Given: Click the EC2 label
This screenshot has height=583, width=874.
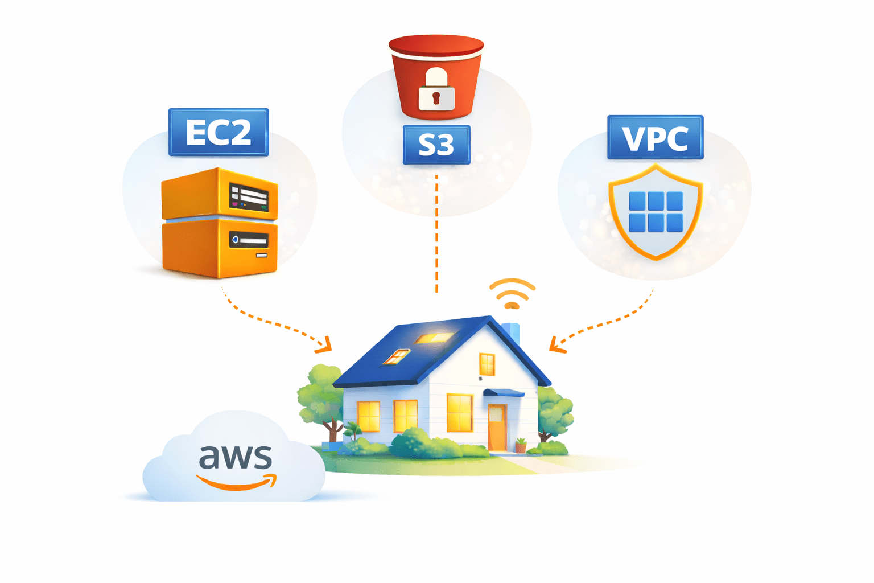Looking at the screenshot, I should [x=218, y=132].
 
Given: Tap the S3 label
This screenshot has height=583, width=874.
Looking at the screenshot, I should [x=436, y=145].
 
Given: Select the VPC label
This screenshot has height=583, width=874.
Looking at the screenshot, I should [x=655, y=138].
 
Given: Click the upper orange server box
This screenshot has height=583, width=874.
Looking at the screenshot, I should [x=220, y=194].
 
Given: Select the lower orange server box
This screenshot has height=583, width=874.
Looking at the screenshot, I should [x=220, y=249].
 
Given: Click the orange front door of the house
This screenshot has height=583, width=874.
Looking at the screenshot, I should [x=497, y=426].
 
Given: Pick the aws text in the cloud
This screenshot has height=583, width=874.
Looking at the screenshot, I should [x=236, y=457].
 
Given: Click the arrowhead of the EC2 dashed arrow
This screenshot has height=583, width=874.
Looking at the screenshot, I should [x=326, y=345].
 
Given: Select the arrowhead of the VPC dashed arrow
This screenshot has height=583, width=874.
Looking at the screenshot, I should [x=556, y=345].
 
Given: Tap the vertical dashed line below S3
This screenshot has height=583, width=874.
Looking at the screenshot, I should [x=436, y=233].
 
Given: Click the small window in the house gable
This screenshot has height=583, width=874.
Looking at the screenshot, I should [x=487, y=364].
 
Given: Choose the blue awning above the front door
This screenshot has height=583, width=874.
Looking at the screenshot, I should [x=503, y=393].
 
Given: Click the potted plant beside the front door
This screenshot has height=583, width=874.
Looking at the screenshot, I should [x=521, y=445].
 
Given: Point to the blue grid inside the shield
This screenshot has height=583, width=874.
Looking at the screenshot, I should [x=655, y=212].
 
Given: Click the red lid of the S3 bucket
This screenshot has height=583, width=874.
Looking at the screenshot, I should [x=436, y=46].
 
